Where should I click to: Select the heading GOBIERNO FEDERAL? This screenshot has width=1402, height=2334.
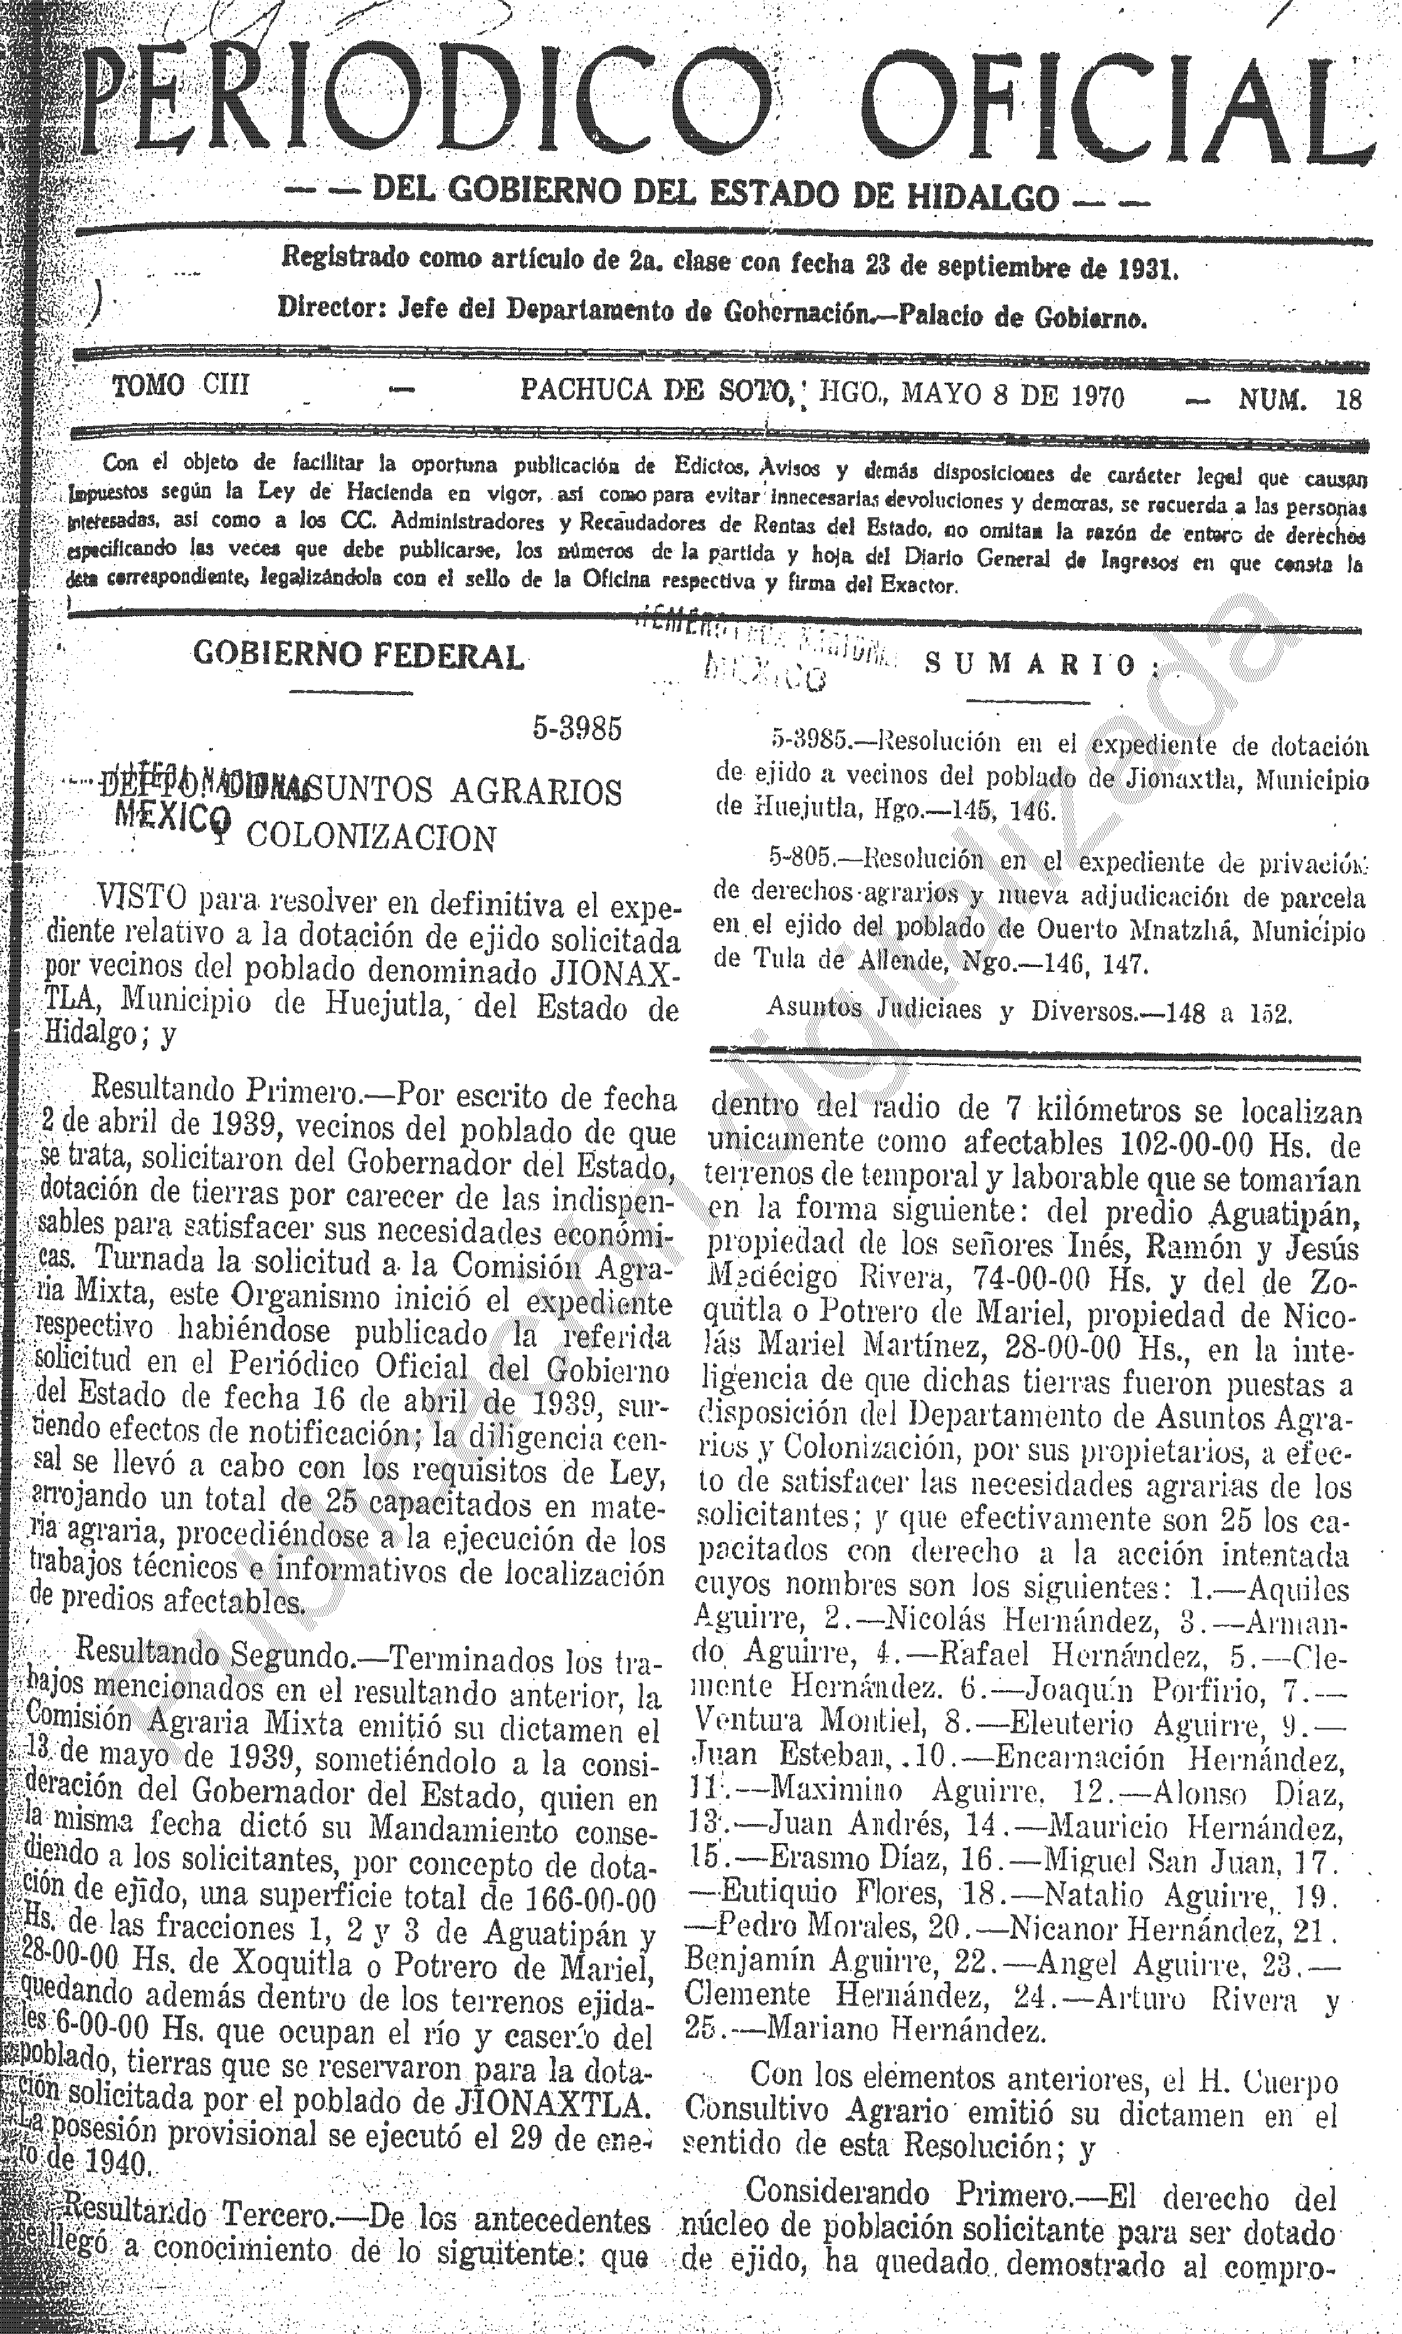pos(358,655)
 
